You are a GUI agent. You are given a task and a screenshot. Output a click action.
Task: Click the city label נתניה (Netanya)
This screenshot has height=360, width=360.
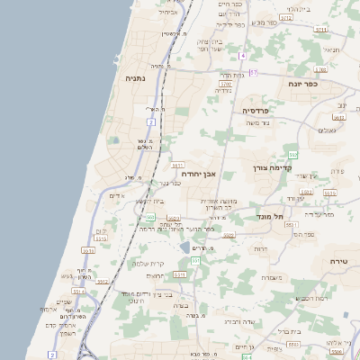(133, 78)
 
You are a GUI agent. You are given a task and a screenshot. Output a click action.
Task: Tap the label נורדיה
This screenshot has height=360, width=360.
(223, 90)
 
